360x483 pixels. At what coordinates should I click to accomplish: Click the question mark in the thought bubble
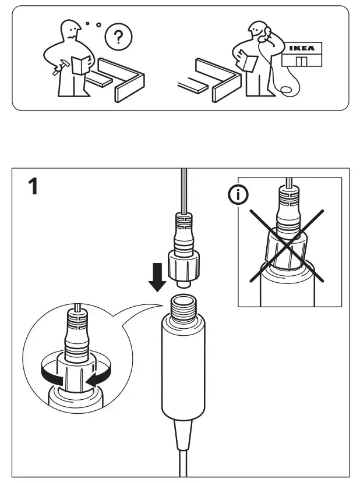pyautogui.click(x=118, y=38)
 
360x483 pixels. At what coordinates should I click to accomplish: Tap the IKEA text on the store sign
pyautogui.click(x=302, y=48)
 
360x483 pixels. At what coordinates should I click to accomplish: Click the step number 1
pyautogui.click(x=33, y=187)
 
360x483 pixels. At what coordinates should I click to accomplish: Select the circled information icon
pyautogui.click(x=237, y=197)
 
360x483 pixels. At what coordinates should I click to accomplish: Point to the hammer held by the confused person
pyautogui.click(x=57, y=68)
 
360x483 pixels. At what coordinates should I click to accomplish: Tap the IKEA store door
pyautogui.click(x=301, y=62)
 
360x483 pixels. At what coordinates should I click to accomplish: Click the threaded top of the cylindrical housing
pyautogui.click(x=183, y=307)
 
